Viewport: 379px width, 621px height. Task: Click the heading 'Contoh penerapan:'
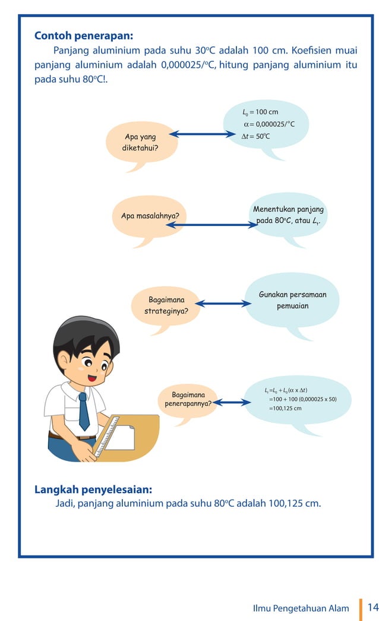pos(83,35)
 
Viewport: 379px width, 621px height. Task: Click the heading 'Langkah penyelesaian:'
pos(93,490)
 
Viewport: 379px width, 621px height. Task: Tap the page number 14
pos(372,607)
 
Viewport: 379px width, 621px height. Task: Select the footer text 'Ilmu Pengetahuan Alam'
pos(301,608)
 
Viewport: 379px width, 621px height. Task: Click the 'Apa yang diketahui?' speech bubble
pos(140,143)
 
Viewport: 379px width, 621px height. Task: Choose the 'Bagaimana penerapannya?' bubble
pos(188,400)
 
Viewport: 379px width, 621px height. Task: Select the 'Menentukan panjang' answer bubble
pos(288,215)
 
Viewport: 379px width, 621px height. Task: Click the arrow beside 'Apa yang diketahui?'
pos(202,134)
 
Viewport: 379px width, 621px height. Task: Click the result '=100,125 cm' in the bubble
pos(285,408)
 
